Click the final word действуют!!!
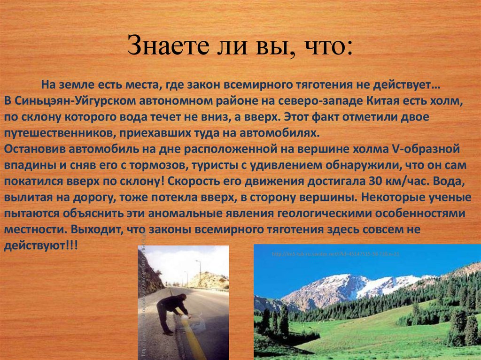click(41, 245)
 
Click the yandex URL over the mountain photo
click(336, 254)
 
